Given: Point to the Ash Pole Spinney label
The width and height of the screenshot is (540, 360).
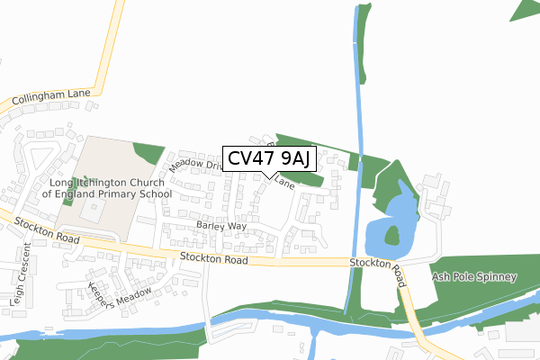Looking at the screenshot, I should click(x=473, y=277).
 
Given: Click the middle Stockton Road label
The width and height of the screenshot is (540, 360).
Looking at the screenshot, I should click(x=213, y=259).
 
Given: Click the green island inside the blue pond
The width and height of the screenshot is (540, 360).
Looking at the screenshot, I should click(x=392, y=237).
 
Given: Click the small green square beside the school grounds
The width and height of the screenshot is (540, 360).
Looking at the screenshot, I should click(x=147, y=153).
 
